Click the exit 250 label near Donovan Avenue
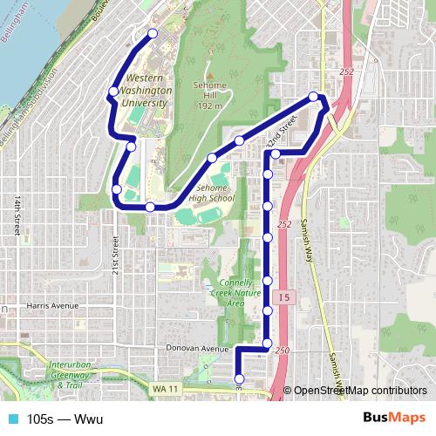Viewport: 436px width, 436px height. click(281, 350)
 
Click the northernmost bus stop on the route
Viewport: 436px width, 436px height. click(153, 34)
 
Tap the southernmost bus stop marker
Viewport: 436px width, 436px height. click(240, 378)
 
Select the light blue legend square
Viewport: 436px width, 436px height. click(10, 419)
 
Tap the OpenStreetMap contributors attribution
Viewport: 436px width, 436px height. click(360, 392)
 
